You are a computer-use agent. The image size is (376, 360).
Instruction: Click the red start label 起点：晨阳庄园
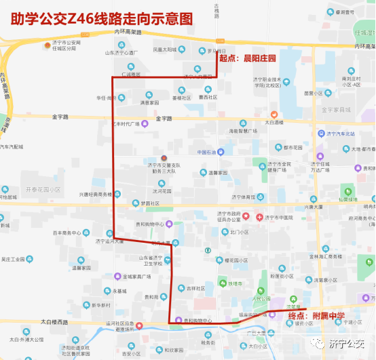[x=250, y=59]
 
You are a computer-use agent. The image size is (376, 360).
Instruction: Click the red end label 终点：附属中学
[x=316, y=316]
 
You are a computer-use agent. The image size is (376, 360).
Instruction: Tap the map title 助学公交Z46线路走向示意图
[x=101, y=15]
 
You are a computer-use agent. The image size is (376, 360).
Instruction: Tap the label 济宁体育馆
[x=242, y=197]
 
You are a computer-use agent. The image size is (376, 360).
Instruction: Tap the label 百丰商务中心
[x=67, y=233]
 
